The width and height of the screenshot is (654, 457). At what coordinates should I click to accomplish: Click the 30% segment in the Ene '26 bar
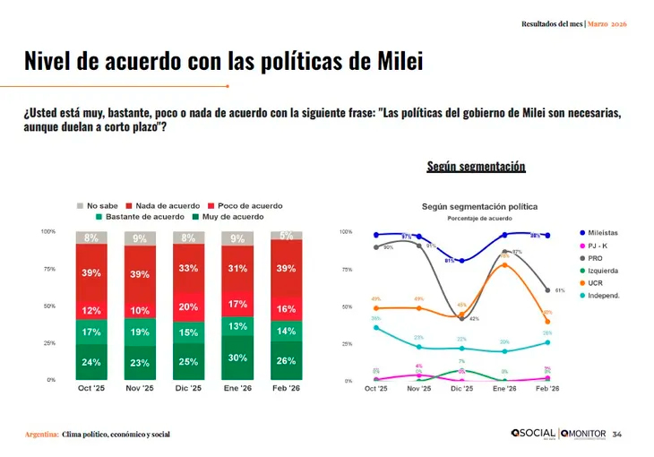pyautogui.click(x=237, y=357)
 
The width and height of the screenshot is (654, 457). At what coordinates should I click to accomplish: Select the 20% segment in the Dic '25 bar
pyautogui.click(x=188, y=306)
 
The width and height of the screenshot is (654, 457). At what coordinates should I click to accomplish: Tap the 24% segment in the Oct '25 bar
pyautogui.click(x=91, y=362)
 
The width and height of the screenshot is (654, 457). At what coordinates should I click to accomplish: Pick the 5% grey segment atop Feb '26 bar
pyautogui.click(x=287, y=236)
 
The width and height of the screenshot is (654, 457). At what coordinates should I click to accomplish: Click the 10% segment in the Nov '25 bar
pyautogui.click(x=140, y=310)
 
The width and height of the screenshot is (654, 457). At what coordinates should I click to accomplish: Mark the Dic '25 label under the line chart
pyautogui.click(x=462, y=390)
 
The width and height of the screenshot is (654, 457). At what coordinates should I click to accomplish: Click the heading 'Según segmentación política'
pyautogui.click(x=475, y=206)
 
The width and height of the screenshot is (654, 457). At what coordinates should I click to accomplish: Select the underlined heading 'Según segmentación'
pyautogui.click(x=476, y=167)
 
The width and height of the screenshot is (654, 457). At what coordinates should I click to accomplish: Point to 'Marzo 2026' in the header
pyautogui.click(x=607, y=23)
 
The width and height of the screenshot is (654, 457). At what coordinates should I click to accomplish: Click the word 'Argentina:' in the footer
pyautogui.click(x=42, y=434)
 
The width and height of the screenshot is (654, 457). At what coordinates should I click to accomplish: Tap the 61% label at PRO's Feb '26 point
pyautogui.click(x=559, y=290)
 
